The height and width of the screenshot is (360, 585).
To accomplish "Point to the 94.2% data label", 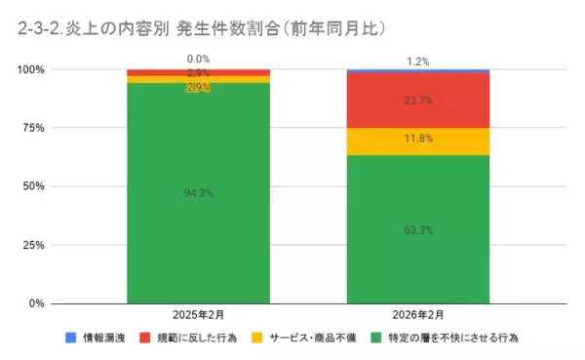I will (x=198, y=193).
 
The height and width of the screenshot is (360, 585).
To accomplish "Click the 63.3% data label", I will (x=418, y=230).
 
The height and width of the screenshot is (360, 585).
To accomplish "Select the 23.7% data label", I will (x=418, y=100).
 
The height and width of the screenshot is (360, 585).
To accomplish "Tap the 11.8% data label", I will (x=418, y=139).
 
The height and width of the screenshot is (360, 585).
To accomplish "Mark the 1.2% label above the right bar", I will (x=418, y=60).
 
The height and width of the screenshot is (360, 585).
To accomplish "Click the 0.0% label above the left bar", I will (x=198, y=60).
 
